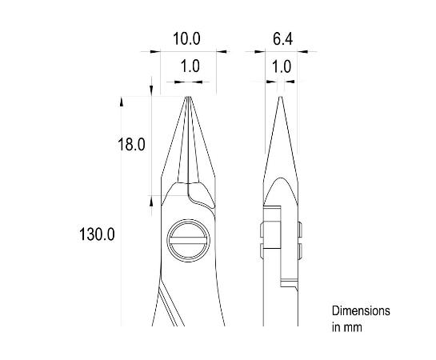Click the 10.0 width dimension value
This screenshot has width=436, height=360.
coord(186,38)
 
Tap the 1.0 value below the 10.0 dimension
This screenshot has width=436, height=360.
coord(190,67)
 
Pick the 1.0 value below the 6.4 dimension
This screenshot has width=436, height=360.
coord(282,67)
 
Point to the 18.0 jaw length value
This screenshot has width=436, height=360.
coord(132,145)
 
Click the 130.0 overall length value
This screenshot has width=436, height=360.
coord(98,234)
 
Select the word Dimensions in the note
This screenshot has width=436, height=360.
coord(361,310)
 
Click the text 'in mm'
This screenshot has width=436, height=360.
coord(346,326)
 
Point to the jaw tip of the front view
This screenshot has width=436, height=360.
coord(190,98)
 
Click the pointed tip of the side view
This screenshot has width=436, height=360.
coord(281,98)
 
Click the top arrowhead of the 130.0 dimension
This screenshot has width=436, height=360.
coord(122,101)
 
